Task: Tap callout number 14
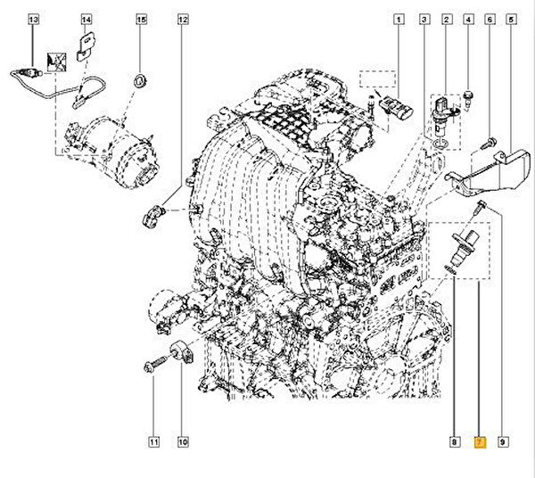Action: click(x=86, y=19)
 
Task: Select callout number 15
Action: click(x=141, y=19)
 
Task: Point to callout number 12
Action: click(x=183, y=19)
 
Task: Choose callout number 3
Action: click(x=423, y=19)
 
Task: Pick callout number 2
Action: click(x=445, y=19)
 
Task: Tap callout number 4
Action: click(x=467, y=19)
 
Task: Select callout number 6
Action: click(x=489, y=19)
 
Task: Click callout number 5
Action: click(x=511, y=19)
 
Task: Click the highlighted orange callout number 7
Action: click(x=479, y=441)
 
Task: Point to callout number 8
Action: click(x=454, y=441)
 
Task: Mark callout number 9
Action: click(x=503, y=441)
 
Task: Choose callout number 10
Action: click(x=183, y=441)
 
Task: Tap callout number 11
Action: click(x=152, y=441)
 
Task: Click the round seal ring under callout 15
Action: click(x=140, y=83)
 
